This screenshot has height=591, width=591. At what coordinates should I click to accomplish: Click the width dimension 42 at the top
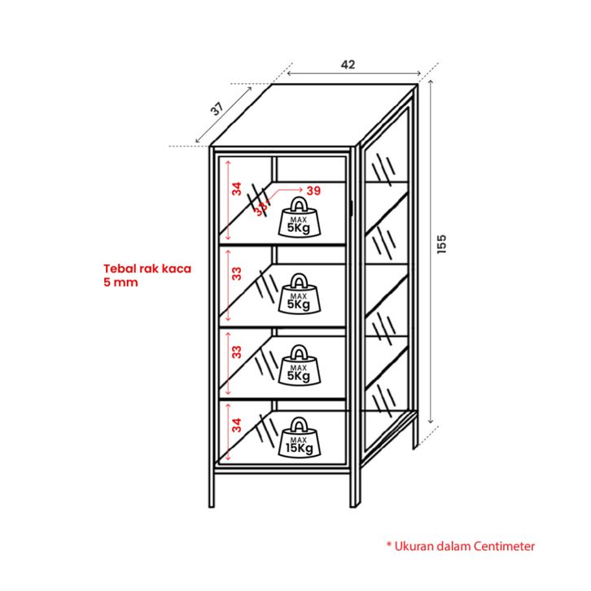coord(348,64)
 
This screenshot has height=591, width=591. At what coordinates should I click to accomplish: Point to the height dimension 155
coord(442,244)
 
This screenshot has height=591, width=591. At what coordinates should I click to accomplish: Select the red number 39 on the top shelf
coord(314,190)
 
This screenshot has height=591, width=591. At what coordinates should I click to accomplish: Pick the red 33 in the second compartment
coord(236,274)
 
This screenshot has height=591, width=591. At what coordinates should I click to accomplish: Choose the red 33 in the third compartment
coord(236,352)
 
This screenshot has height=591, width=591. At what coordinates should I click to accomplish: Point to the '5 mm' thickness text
coord(120,282)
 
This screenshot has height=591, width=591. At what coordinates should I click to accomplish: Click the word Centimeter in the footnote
coord(499,546)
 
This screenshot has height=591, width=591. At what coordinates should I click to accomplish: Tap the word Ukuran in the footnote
coord(415,546)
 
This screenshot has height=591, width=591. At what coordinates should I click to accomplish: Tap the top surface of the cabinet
coord(313,114)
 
